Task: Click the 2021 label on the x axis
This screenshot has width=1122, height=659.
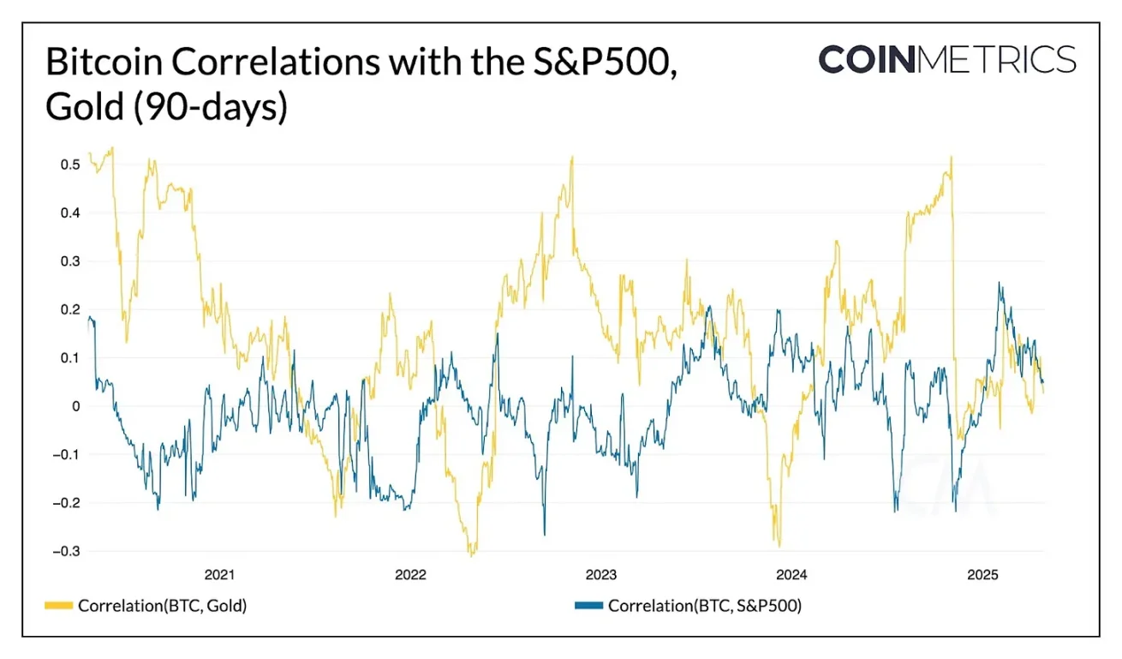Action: (x=220, y=574)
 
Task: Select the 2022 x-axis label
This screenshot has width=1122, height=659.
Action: (x=410, y=574)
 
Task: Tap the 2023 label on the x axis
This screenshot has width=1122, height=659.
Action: (x=601, y=574)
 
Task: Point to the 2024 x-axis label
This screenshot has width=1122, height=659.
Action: (x=791, y=574)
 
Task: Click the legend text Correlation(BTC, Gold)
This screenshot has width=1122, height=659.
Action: (x=162, y=606)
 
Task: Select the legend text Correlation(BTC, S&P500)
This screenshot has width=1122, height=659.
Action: (x=704, y=606)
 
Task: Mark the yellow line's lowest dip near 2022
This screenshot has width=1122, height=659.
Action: (x=472, y=555)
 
